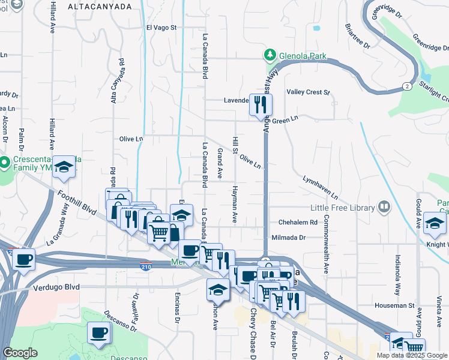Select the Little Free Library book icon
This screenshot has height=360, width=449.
point(385,208)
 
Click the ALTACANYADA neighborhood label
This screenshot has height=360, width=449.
point(100,6)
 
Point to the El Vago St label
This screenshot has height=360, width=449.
point(161,27)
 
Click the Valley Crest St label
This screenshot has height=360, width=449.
point(309,92)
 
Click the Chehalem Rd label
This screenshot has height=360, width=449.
point(297,221)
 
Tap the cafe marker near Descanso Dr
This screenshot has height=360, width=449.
point(98,332)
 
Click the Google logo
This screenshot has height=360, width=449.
point(20,353)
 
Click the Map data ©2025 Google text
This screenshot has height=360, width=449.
point(411,355)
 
